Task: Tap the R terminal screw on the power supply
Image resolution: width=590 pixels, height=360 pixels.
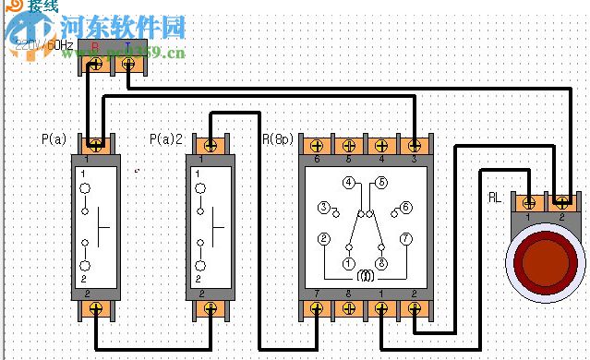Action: [x=96, y=65]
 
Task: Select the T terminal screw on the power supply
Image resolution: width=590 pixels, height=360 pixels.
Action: [x=128, y=65]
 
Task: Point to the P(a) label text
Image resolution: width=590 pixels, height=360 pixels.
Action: [x=54, y=139]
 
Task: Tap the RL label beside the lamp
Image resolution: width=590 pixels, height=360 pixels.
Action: [x=495, y=198]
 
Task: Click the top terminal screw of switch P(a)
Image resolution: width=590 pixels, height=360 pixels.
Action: [x=95, y=146]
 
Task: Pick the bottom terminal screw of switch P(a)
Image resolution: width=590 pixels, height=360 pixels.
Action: [x=95, y=307]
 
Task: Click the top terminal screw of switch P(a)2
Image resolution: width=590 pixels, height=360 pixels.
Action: [x=211, y=146]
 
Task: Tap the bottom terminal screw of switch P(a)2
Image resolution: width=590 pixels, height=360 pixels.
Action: [x=211, y=307]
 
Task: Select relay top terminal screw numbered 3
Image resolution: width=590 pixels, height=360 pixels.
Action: [x=414, y=145]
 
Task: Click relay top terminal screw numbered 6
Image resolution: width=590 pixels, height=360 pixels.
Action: [x=317, y=145]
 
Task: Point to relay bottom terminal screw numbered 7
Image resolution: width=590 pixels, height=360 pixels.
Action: [x=317, y=308]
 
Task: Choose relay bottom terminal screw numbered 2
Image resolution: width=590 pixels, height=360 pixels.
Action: [x=414, y=308]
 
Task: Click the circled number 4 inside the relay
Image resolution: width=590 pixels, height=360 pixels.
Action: [x=348, y=183]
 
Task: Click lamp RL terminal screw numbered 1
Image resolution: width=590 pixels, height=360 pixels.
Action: [x=529, y=201]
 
